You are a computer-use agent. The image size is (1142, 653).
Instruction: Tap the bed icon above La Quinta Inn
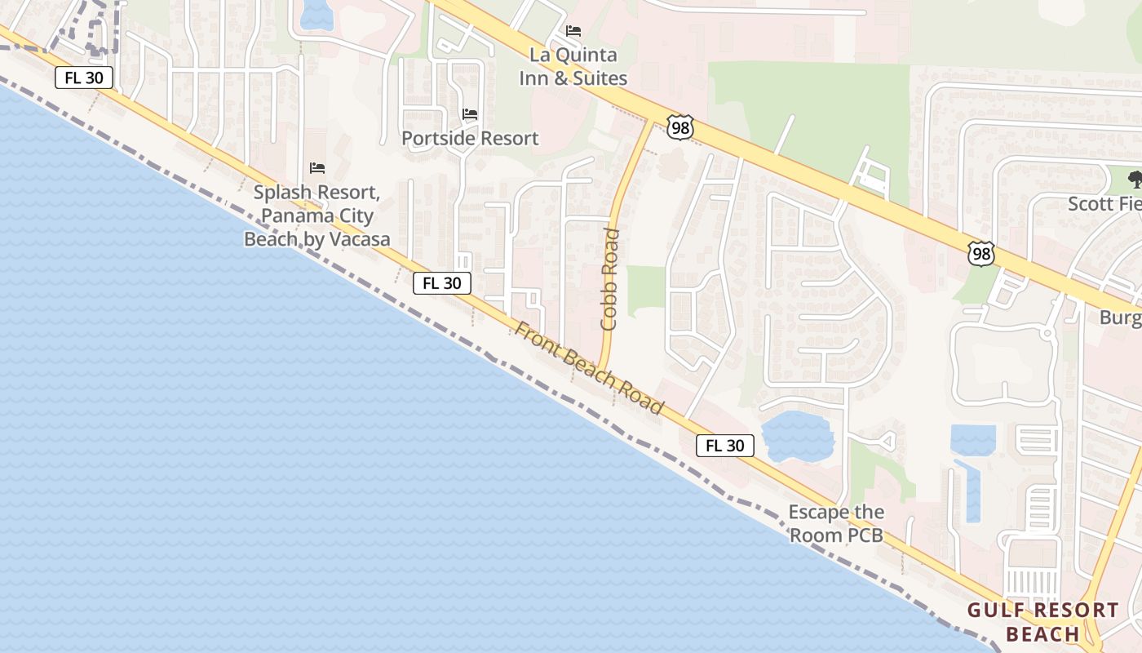573,31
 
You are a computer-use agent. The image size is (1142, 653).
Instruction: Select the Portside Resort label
470,138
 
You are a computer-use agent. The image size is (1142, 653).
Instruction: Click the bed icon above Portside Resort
470,113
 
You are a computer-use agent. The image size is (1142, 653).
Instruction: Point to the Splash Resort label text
317,216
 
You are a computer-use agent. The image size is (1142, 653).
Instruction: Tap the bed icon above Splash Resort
317,168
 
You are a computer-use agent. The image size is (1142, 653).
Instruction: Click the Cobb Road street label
609,279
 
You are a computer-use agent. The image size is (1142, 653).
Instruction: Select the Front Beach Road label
590,366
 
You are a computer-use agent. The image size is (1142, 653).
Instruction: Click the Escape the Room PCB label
836,524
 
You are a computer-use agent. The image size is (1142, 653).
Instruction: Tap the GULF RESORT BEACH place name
1042,622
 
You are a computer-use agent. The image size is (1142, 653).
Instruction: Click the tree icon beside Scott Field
1135,180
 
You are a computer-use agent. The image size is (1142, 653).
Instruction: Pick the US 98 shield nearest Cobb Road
679,127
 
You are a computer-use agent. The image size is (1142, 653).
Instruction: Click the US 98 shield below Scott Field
981,253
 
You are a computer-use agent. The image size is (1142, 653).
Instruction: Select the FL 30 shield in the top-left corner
84,78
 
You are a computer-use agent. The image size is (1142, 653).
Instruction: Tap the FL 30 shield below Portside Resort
442,283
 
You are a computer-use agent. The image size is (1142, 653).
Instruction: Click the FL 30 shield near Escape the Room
724,446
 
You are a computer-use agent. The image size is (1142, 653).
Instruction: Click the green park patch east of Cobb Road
646,289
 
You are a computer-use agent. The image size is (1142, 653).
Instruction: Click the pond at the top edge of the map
316,13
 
